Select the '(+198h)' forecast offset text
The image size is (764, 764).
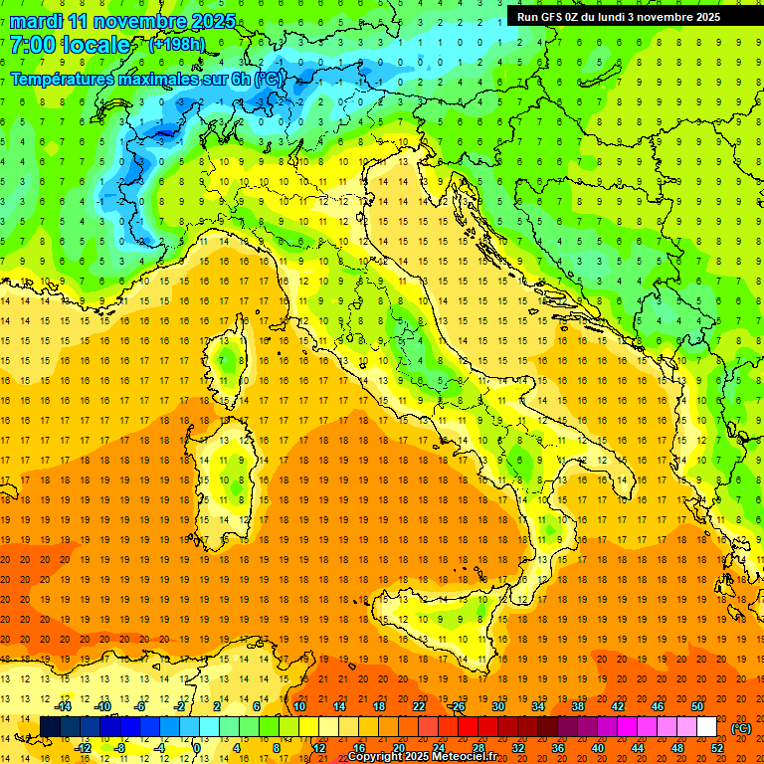(179, 45)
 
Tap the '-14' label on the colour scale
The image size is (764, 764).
(64, 706)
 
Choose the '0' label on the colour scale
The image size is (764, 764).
(197, 748)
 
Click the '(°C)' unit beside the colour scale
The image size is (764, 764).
(741, 728)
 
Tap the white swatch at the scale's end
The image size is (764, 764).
(706, 727)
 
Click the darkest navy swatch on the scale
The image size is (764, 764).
(50, 727)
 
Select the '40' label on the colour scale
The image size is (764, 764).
(597, 748)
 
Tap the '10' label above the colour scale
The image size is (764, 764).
(299, 706)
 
